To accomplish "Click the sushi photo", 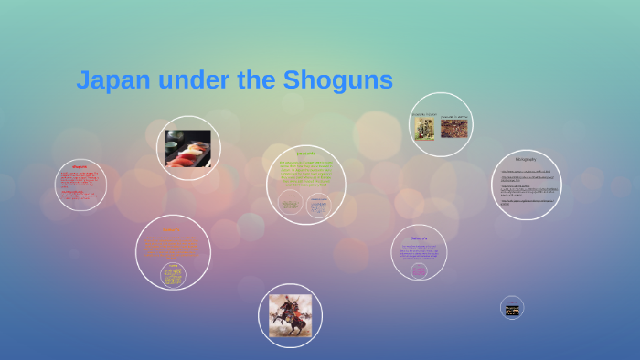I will click(187, 148).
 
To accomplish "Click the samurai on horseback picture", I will click(290, 315).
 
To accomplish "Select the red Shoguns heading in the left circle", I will click(80, 167).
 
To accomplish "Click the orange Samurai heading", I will click(171, 230).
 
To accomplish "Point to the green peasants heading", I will click(305, 154).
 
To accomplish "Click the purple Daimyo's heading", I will click(419, 238).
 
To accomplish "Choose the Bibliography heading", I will click(526, 159).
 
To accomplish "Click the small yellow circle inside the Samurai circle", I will click(172, 273).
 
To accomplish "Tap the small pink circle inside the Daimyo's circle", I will click(419, 270).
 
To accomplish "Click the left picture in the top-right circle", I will click(424, 128).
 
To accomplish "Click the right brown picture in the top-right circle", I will click(453, 128).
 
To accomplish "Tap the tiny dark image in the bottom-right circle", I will click(512, 310).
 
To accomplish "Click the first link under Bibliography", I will click(525, 171).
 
